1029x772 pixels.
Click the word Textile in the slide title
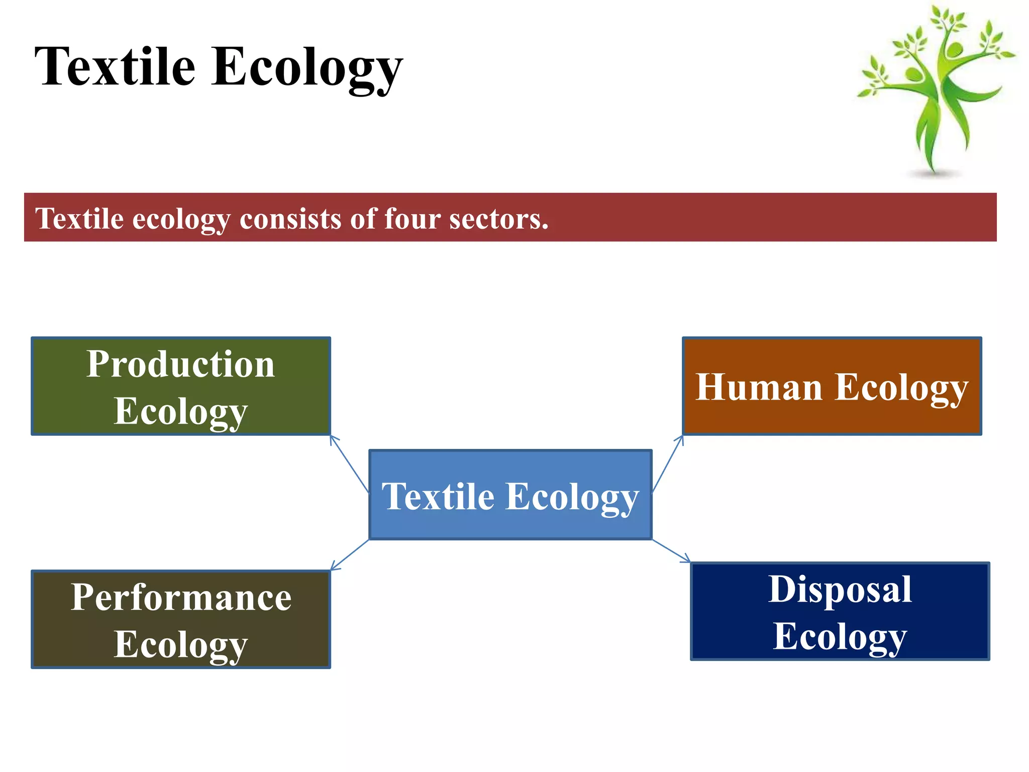click(115, 67)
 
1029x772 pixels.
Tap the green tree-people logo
click(936, 85)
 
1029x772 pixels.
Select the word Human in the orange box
click(759, 388)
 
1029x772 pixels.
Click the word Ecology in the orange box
click(901, 389)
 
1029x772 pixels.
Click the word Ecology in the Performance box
click(180, 645)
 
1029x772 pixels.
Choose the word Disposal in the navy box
click(840, 590)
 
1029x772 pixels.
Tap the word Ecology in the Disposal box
click(840, 637)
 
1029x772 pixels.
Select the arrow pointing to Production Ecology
click(349, 463)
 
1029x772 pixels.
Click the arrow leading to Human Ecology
click(668, 463)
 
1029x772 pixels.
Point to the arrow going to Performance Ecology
click(350, 555)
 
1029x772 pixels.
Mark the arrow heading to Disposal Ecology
click(671, 551)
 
